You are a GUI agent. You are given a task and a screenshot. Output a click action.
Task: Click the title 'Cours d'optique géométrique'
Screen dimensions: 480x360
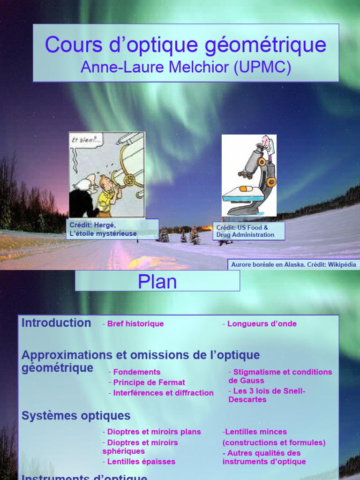pyautogui.click(x=186, y=45)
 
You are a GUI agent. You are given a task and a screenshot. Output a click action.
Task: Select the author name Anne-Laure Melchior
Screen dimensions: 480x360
pyautogui.click(x=155, y=67)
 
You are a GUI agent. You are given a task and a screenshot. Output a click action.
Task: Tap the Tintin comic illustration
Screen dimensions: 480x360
pyautogui.click(x=107, y=175)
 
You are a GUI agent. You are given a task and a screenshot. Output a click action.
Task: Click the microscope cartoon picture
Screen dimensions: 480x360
pyautogui.click(x=249, y=175)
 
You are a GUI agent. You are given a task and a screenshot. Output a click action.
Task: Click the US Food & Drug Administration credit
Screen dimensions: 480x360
pyautogui.click(x=248, y=231)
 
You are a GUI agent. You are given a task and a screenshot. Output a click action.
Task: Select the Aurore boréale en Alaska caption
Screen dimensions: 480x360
pyautogui.click(x=293, y=264)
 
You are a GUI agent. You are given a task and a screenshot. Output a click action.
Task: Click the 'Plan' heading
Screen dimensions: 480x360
pyautogui.click(x=157, y=281)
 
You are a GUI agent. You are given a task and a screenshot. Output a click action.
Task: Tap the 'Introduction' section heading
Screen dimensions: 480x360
pyautogui.click(x=56, y=323)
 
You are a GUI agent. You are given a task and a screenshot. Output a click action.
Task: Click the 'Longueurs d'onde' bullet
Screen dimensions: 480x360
pyautogui.click(x=262, y=324)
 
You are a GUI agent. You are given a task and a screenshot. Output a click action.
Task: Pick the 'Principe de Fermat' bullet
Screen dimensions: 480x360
pyautogui.click(x=149, y=382)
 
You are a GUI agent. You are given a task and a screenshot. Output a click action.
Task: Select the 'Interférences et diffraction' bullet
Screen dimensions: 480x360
pyautogui.click(x=163, y=393)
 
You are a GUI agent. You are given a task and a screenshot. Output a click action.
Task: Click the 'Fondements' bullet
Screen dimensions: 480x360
pyautogui.click(x=136, y=372)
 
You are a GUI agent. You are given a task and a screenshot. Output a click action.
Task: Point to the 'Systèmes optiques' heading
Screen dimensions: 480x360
pyautogui.click(x=76, y=416)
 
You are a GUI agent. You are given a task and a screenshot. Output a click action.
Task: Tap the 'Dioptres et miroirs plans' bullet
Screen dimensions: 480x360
pyautogui.click(x=154, y=432)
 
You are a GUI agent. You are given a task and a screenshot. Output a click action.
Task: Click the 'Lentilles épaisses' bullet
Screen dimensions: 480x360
pyautogui.click(x=141, y=462)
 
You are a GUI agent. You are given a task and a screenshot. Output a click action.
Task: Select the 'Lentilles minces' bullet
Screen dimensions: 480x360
pyautogui.click(x=256, y=432)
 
